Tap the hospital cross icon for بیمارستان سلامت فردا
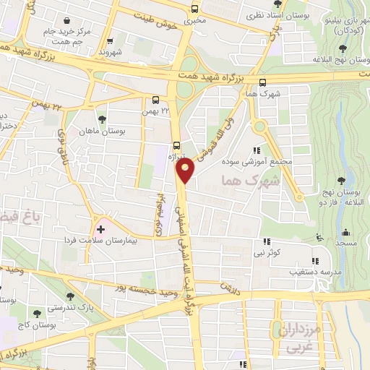(x=100, y=230)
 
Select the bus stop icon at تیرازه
(x=177, y=144)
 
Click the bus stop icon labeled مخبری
(x=194, y=9)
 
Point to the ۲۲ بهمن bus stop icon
(x=156, y=100)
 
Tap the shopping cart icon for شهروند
(x=110, y=41)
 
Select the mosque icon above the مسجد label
(x=345, y=233)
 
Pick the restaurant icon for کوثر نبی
(x=267, y=242)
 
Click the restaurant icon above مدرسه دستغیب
(x=314, y=261)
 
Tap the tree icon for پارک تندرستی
(x=69, y=296)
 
